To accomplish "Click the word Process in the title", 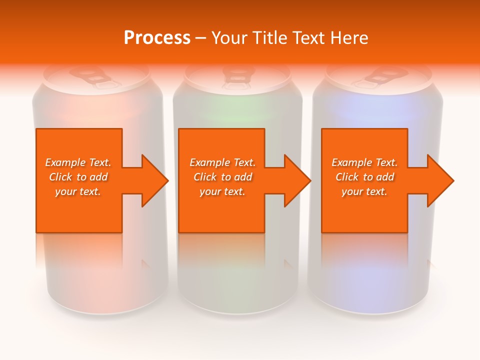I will click(x=157, y=38).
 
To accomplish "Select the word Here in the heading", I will click(x=349, y=38).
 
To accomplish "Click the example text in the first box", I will click(x=78, y=177).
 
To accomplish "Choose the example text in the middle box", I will click(x=222, y=177).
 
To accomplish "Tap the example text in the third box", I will click(x=364, y=177).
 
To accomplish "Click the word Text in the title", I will click(x=309, y=38).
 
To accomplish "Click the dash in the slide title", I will click(x=200, y=38).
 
